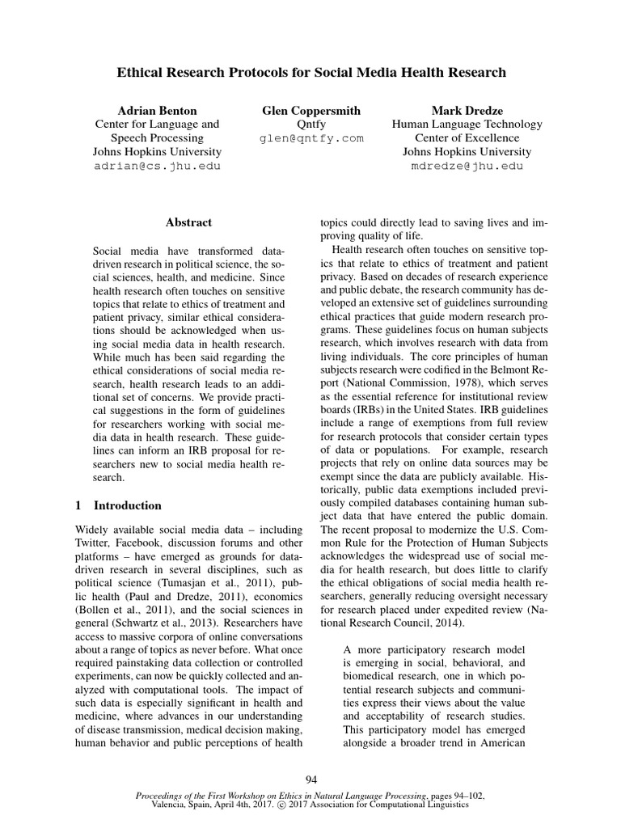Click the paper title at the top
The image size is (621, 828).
[310, 72]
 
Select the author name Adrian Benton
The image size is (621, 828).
[157, 110]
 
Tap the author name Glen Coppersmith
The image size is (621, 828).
[311, 110]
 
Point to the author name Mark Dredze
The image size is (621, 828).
[467, 110]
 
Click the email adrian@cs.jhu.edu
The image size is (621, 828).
[157, 166]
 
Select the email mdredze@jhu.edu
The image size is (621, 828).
[467, 166]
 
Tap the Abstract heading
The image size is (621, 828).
[188, 222]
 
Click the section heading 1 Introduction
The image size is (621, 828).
[118, 505]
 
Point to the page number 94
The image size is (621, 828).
[310, 779]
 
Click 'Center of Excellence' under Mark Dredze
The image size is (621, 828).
[467, 138]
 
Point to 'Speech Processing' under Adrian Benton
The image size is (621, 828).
[157, 138]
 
